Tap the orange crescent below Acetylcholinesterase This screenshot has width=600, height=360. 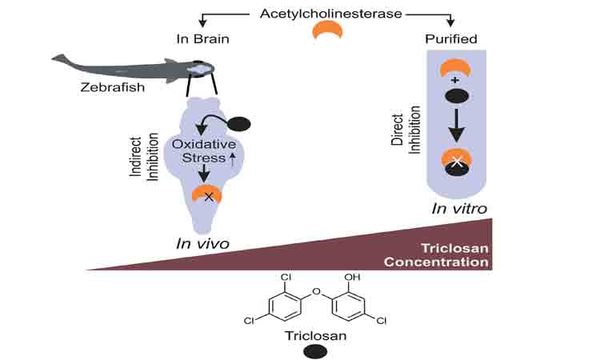(x=327, y=30)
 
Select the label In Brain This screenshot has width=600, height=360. (x=201, y=38)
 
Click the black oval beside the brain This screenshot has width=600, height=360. (x=240, y=124)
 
